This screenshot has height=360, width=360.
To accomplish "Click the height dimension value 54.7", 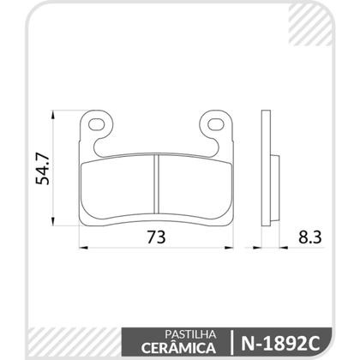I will click(38, 165).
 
